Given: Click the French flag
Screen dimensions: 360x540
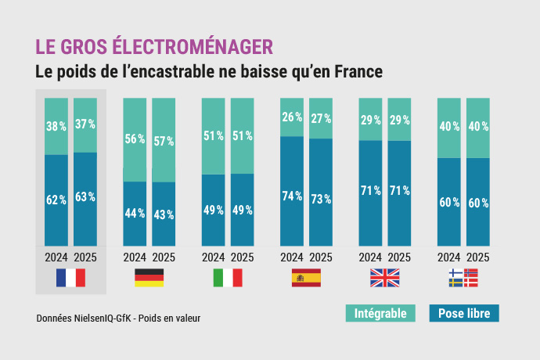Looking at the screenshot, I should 70,277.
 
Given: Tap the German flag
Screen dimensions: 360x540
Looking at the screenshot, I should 149,277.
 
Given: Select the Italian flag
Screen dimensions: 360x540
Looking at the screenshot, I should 228,277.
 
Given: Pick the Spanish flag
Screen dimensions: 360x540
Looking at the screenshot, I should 306,277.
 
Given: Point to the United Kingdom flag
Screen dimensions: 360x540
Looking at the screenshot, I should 384,277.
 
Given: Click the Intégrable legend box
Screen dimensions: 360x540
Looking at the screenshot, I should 380,314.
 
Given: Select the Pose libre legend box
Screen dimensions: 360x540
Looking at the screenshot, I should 464,314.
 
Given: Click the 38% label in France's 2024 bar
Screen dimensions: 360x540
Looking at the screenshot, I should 56,125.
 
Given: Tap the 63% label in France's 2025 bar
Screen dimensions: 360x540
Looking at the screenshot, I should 85,198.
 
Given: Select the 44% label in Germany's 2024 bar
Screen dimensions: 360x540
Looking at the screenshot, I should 135,213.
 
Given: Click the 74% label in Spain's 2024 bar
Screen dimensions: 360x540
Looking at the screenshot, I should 292,196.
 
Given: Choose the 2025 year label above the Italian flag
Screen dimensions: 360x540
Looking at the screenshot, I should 243,257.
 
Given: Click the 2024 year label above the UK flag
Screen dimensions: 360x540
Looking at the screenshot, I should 370,257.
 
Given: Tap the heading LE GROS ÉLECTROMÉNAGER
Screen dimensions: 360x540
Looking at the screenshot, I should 154,45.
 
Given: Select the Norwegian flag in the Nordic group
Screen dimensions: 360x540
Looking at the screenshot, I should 470,273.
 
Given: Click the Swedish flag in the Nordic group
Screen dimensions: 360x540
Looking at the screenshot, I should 455,283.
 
